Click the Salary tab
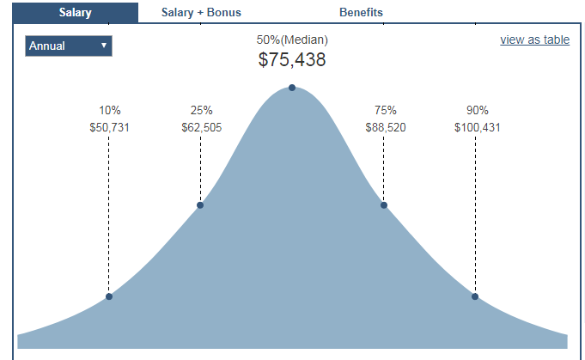(76, 12)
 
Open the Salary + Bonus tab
(201, 12)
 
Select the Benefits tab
(361, 12)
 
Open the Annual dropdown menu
(69, 46)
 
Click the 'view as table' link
(534, 40)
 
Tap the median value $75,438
(292, 60)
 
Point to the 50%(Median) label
(292, 40)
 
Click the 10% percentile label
(109, 110)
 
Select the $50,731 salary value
(109, 127)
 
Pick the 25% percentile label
(201, 110)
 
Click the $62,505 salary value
(201, 127)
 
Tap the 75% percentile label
(385, 110)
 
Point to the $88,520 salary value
(385, 127)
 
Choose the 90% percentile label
(477, 110)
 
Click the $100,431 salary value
(477, 127)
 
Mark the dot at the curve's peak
(292, 88)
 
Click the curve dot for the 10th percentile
(109, 296)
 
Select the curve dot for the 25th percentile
(200, 204)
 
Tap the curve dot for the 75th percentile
(384, 204)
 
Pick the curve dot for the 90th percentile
(475, 296)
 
